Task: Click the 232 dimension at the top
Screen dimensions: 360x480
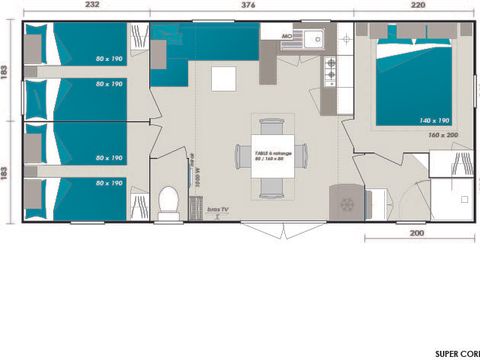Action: click(92, 6)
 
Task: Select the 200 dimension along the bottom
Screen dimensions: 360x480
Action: click(417, 233)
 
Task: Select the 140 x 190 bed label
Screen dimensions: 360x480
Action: click(433, 120)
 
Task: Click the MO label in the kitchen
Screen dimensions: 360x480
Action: click(285, 37)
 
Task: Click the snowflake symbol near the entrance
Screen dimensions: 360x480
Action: click(347, 204)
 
